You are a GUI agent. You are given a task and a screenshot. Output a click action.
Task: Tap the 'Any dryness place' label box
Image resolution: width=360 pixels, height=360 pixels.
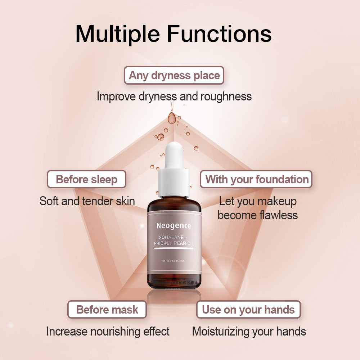174,76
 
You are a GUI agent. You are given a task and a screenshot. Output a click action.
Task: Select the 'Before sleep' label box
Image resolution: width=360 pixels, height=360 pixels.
87,179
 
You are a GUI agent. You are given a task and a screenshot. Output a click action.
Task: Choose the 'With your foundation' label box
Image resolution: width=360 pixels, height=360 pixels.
257,179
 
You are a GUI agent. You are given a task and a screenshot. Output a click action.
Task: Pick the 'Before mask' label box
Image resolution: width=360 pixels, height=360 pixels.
107,310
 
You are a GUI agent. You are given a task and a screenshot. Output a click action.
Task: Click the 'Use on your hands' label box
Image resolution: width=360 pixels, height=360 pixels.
248,310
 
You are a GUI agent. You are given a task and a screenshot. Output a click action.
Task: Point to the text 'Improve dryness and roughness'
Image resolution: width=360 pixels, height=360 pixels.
174,96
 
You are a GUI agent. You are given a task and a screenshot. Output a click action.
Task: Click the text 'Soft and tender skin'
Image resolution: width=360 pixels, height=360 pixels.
87,201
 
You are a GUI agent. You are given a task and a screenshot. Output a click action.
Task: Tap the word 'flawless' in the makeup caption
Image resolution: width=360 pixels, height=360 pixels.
278,215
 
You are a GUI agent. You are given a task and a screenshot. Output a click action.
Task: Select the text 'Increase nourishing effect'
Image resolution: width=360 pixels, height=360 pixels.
108,331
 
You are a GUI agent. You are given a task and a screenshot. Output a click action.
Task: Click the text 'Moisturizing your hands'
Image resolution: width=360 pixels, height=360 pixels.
249,331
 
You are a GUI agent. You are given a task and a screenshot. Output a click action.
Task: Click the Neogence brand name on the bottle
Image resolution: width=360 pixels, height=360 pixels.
174,226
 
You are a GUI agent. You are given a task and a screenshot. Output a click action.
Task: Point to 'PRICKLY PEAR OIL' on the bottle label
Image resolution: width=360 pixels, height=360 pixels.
174,244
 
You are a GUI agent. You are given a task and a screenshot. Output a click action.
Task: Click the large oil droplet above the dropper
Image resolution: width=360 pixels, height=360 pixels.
172,118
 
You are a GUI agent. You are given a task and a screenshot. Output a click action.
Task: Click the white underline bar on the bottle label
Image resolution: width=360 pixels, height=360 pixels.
174,249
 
